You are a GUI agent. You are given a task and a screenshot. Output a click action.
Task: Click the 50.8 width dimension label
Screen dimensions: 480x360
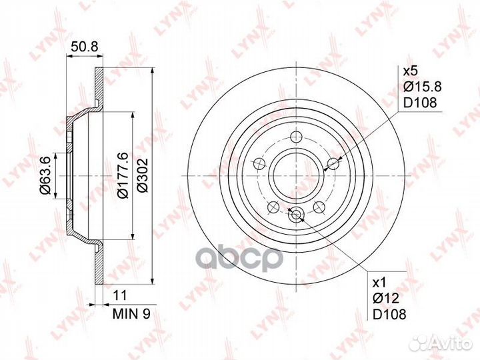click(x=84, y=47)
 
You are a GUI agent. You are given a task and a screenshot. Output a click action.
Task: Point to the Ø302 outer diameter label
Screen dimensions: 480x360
click(x=143, y=175)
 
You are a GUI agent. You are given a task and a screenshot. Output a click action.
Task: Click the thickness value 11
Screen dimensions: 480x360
click(x=120, y=295)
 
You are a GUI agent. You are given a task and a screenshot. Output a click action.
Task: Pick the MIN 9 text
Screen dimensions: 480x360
click(x=131, y=314)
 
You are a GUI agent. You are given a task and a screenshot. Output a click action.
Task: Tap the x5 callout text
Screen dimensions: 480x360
click(x=410, y=71)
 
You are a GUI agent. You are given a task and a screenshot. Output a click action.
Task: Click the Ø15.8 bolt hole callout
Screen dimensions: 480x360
click(x=422, y=87)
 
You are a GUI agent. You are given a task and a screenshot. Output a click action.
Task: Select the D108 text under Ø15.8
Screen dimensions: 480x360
click(x=420, y=103)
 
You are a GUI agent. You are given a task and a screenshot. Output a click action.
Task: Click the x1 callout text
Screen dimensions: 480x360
click(x=379, y=283)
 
